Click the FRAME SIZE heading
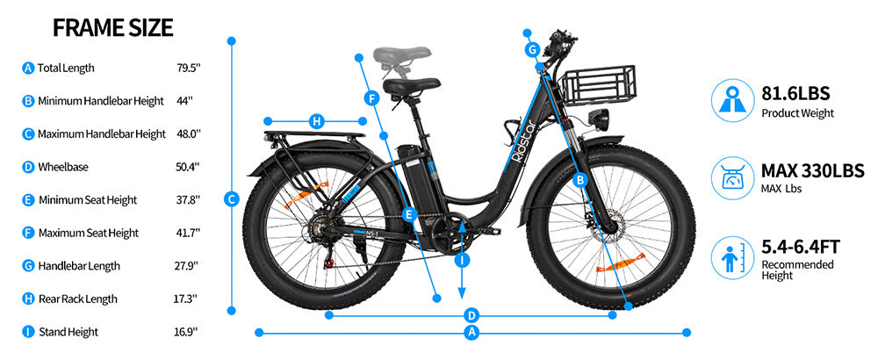click(x=113, y=27)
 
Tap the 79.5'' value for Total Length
click(x=188, y=68)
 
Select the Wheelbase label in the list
click(x=63, y=167)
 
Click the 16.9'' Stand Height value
click(x=185, y=332)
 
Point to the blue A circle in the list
click(x=28, y=68)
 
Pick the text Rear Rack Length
click(x=78, y=299)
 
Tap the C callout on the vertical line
click(x=232, y=199)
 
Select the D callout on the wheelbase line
click(x=471, y=314)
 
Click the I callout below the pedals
click(x=463, y=260)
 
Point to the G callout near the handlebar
click(x=532, y=50)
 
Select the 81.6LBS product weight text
click(x=795, y=93)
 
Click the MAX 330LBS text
click(x=811, y=170)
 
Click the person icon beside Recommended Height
click(x=730, y=256)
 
